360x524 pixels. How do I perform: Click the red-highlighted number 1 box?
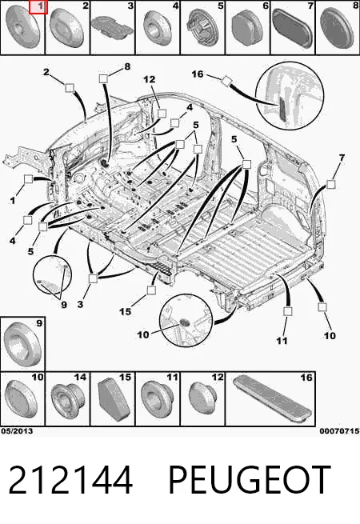[x=38, y=7]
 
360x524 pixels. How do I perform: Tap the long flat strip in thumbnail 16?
[x=272, y=399]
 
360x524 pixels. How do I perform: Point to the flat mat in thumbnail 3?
[x=112, y=26]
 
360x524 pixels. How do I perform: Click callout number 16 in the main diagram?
[x=198, y=74]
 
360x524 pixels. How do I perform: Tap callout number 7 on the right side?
[x=341, y=158]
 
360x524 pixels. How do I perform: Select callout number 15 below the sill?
[x=126, y=311]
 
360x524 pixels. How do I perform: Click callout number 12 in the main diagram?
[x=150, y=79]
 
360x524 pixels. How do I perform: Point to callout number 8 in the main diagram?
[x=127, y=66]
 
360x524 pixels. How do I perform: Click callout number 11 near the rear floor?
[x=282, y=341]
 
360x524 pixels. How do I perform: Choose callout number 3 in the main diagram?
[x=80, y=305]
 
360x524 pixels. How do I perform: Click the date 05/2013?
[x=17, y=431]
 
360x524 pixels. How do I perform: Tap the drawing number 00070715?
[x=339, y=431]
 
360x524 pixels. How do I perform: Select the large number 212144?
[x=70, y=479]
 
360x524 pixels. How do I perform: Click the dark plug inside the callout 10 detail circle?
[x=184, y=323]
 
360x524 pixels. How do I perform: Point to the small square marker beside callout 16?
[x=226, y=81]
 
